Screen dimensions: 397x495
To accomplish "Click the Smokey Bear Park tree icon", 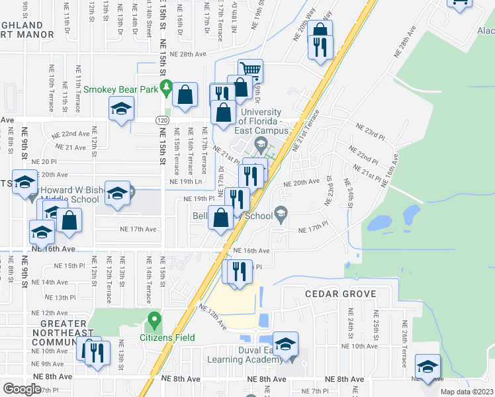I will (167, 87).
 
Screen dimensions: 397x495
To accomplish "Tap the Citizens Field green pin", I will (154, 321).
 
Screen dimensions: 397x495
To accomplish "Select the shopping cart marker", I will (251, 70).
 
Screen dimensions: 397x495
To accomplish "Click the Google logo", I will (22, 389).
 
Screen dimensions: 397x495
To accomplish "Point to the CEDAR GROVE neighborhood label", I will (341, 294).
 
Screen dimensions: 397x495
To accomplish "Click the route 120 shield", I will (161, 120).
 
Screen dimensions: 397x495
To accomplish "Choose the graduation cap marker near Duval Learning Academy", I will (285, 344).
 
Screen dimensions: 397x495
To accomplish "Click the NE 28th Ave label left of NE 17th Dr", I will (188, 54).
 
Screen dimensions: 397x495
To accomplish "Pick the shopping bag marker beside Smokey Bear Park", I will (185, 95).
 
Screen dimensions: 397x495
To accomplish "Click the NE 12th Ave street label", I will (54, 313).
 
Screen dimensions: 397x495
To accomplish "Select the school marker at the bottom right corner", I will (428, 367).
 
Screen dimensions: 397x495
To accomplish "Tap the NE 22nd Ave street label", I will (71, 134).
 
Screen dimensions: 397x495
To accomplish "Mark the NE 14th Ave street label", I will (54, 282).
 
